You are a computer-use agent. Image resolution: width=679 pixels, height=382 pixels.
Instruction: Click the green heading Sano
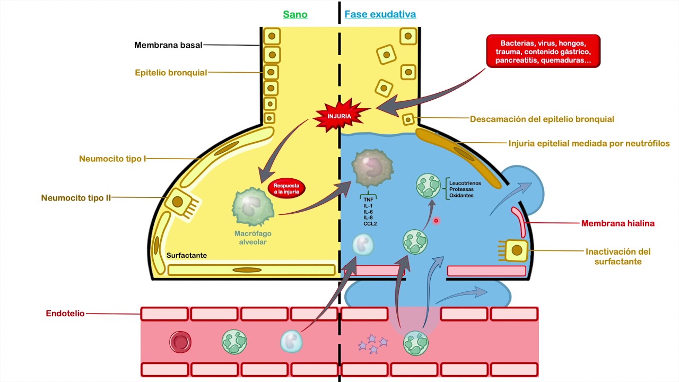(x=295, y=14)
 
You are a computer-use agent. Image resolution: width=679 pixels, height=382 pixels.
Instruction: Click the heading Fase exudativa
(x=380, y=14)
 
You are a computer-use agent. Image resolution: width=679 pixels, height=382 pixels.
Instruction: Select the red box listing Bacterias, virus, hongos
(x=543, y=51)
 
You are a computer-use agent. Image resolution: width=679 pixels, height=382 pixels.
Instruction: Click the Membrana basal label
(x=168, y=45)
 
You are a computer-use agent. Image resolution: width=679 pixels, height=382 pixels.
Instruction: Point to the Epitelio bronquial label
(x=171, y=73)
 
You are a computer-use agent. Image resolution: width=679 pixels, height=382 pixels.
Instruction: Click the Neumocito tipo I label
(x=112, y=159)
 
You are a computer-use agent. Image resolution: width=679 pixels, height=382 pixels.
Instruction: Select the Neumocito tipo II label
(x=76, y=198)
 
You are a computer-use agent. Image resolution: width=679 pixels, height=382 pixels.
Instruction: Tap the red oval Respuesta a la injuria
(x=286, y=189)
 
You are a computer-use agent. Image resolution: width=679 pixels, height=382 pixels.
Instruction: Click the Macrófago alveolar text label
(x=250, y=238)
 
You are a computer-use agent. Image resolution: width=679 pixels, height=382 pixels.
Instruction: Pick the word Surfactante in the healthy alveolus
(x=187, y=255)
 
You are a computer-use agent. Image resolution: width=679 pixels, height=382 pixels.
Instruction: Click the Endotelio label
(x=65, y=314)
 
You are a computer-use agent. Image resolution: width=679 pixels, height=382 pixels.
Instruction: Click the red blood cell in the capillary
(x=180, y=342)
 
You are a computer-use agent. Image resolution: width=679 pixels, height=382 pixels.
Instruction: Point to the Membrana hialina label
(x=617, y=223)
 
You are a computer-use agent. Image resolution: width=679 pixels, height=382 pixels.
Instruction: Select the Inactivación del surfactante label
(x=617, y=256)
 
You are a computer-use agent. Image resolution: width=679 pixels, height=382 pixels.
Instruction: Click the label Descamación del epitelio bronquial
(x=542, y=119)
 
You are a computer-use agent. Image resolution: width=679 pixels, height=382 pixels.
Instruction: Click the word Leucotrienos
(x=466, y=182)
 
